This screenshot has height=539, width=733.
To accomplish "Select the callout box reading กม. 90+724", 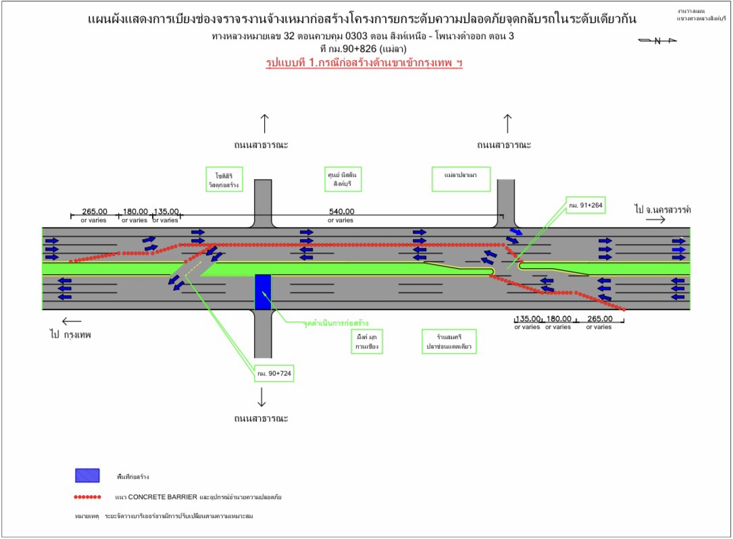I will tap(274, 373).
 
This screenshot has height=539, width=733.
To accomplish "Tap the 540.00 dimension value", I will tap(340, 211).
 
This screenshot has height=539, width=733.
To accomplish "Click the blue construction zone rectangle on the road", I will tap(263, 291).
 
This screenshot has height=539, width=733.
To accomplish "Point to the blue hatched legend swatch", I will tap(87, 476).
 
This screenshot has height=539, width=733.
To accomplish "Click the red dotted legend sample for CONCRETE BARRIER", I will tap(88, 497).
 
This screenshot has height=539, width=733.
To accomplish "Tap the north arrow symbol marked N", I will tap(657, 41).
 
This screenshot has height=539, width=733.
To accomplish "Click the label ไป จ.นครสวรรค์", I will tap(663, 209).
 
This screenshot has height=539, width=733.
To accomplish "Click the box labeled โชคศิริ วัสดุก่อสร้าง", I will tap(223, 179).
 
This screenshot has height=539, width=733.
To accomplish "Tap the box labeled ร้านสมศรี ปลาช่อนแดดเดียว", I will tap(448, 341).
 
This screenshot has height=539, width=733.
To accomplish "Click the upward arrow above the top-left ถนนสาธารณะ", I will tap(264, 123).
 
